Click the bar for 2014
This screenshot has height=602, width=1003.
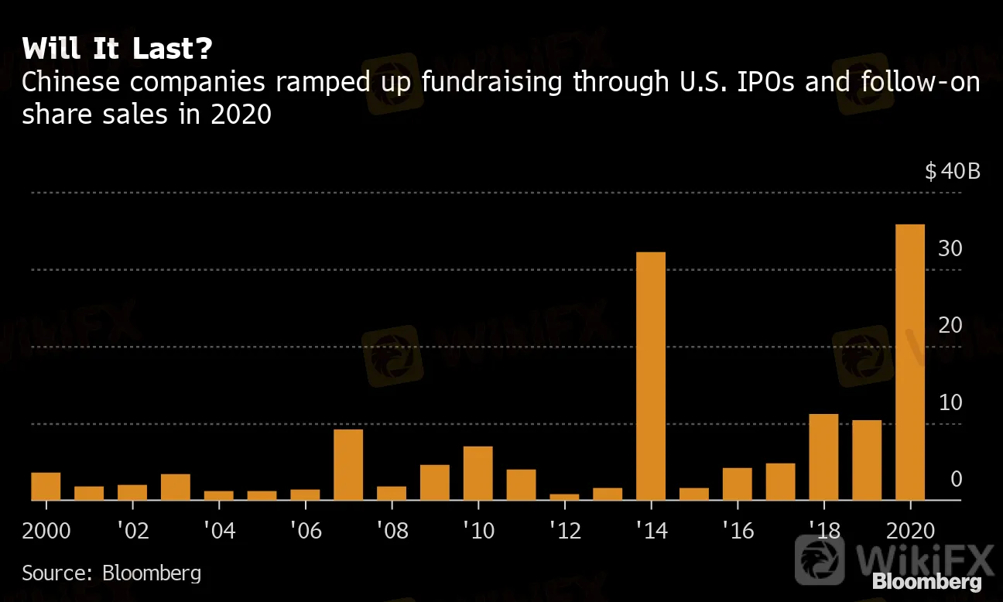pyautogui.click(x=651, y=376)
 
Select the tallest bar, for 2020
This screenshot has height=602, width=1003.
pyautogui.click(x=910, y=362)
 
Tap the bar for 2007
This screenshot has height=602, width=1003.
pyautogui.click(x=348, y=465)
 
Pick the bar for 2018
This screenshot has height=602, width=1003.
pyautogui.click(x=823, y=457)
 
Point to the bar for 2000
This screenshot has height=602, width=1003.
pyautogui.click(x=46, y=486)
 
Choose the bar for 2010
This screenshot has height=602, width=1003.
pyautogui.click(x=478, y=474)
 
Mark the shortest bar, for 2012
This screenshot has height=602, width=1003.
pyautogui.click(x=564, y=498)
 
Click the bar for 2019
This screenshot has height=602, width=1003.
pyautogui.click(x=867, y=460)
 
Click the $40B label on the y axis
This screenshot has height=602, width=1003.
pyautogui.click(x=953, y=171)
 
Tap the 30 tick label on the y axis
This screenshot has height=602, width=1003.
pyautogui.click(x=950, y=248)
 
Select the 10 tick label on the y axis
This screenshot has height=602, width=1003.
pyautogui.click(x=950, y=402)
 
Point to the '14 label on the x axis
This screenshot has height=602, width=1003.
pyautogui.click(x=651, y=532)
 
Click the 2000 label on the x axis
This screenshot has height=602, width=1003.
pyautogui.click(x=47, y=532)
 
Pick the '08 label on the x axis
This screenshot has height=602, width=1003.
pyautogui.click(x=392, y=532)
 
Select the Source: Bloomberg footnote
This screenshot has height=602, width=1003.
pyautogui.click(x=111, y=573)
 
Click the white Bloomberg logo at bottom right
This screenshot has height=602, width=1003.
pyautogui.click(x=926, y=581)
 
